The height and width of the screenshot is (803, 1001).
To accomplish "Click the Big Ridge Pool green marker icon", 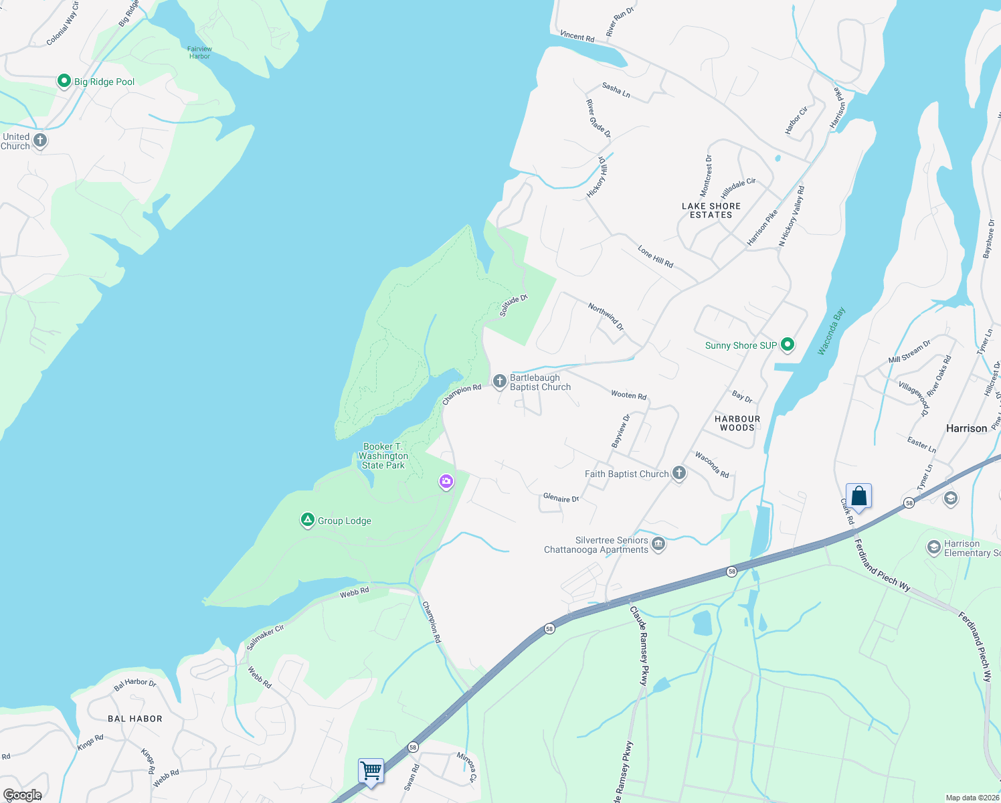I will pos(64,81).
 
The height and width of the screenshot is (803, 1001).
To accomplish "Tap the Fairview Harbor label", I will pos(199,53).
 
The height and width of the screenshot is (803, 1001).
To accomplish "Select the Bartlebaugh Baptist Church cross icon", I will pos(499,381).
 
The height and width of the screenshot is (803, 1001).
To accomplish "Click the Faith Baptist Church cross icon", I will pos(679,474).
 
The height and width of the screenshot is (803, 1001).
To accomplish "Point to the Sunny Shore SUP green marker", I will pos(788,345).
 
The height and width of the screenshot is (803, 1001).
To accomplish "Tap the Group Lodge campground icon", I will pos(308,520).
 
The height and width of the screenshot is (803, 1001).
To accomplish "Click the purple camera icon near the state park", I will pos(446,481).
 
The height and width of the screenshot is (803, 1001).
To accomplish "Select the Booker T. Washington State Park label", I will pos(383,456).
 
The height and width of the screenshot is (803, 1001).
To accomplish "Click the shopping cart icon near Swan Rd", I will pos(371,770).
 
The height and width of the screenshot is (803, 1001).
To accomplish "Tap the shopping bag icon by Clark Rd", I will pos(858,497).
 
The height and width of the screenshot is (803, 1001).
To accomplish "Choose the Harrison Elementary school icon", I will pos(933,548).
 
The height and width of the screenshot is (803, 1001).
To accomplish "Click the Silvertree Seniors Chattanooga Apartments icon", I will pos(658,543).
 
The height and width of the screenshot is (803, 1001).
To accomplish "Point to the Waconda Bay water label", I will pos(832,331).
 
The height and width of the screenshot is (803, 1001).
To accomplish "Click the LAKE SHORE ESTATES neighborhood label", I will pos(711,210).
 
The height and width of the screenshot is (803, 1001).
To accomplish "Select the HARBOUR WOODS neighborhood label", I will pos(737,423).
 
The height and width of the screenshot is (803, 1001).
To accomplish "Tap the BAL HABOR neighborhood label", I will pos(135,719).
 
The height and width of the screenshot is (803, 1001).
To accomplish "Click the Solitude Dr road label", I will pos(513,305).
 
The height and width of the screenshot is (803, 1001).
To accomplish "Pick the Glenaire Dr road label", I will pos(561,498).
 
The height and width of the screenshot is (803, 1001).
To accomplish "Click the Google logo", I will pos(22,794).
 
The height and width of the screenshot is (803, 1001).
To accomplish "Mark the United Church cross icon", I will pos(40,141).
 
